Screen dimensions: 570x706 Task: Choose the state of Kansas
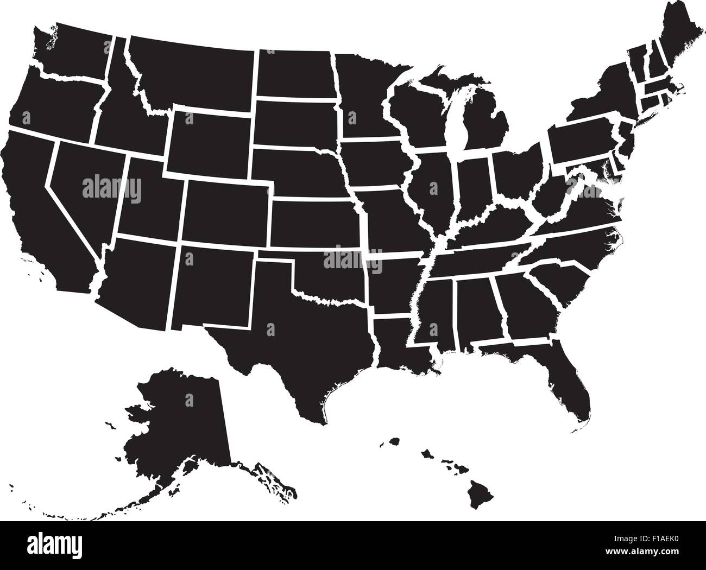coord(315,223)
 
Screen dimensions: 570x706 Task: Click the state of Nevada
coord(81,179)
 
